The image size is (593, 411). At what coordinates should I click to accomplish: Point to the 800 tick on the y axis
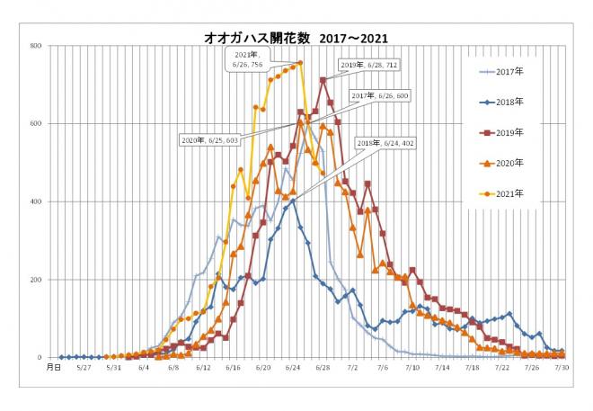(x=36, y=45)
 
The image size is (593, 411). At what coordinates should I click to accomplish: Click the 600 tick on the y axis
(x=36, y=123)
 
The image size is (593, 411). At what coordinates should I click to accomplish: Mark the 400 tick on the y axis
(x=36, y=201)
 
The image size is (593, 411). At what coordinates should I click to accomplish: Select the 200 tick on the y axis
(x=36, y=280)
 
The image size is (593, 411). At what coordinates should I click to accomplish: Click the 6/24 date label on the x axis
(x=292, y=367)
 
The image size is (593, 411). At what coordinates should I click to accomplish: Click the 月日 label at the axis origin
(x=54, y=367)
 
